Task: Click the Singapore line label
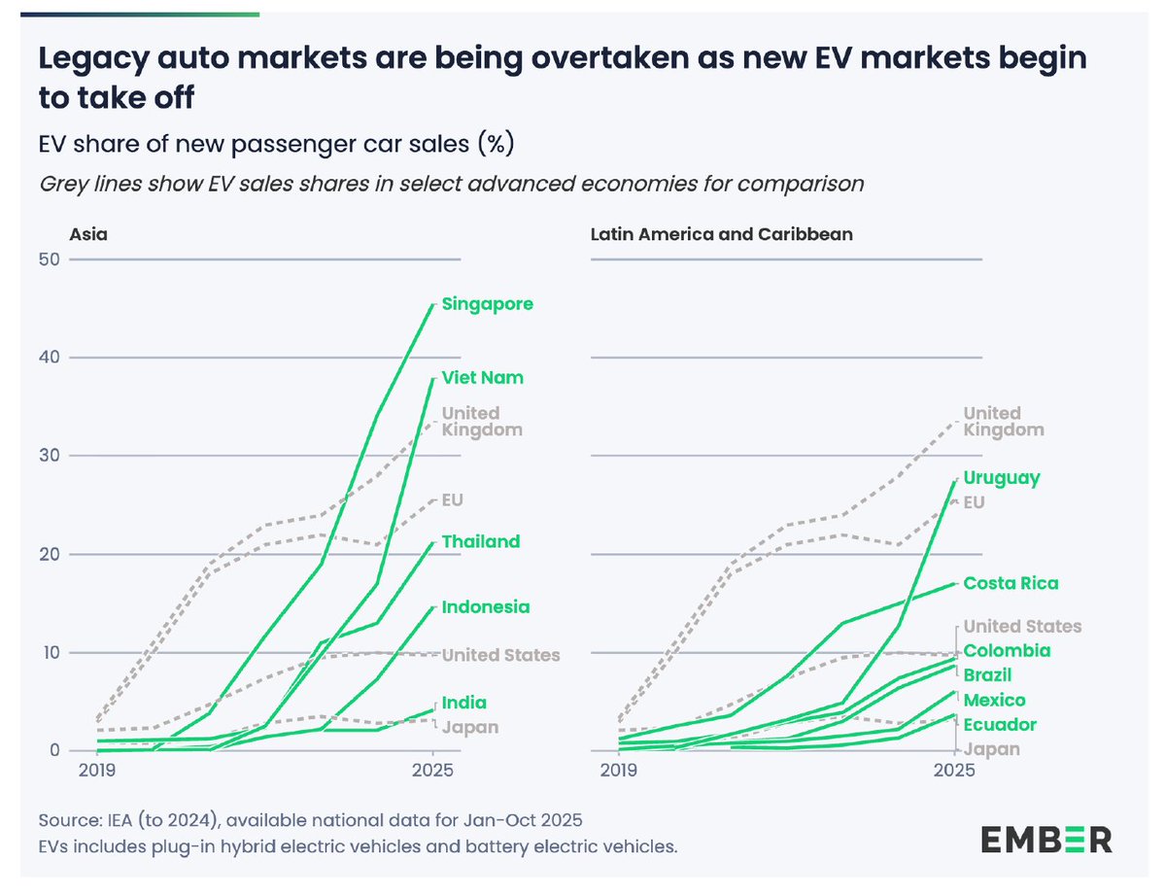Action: coord(487,304)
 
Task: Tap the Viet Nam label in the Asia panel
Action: coord(483,378)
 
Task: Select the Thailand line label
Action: coord(481,542)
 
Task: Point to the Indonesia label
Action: coord(486,607)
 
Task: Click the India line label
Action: coord(464,703)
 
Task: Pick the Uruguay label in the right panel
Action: coord(1002,478)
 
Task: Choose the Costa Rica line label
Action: coord(1011,584)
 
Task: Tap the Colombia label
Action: coord(1007,651)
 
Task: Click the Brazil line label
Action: coord(988,675)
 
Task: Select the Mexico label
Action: coord(994,701)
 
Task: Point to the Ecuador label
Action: coord(1000,725)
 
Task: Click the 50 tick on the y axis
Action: coord(50,259)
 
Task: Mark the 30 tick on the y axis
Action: coord(50,456)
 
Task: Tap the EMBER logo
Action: coord(1045,839)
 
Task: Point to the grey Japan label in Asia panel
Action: coord(471,727)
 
